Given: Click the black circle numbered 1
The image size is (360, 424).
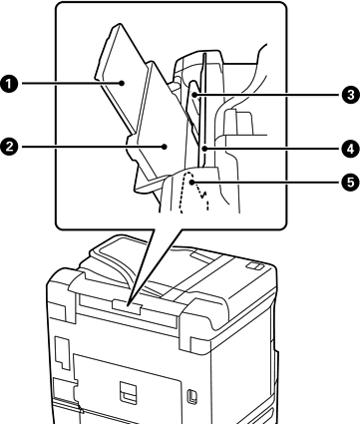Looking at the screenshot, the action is pos(9,83).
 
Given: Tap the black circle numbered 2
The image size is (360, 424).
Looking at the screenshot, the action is pos(9,147).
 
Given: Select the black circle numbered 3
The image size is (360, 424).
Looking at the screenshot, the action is pos(350,95).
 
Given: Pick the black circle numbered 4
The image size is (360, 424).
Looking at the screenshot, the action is pos(350,149).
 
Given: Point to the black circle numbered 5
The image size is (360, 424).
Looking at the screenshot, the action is pos(350,182).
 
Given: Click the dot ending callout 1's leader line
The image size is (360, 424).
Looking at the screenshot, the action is pos(123,83).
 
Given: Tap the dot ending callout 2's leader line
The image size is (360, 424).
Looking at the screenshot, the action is pos(165,147).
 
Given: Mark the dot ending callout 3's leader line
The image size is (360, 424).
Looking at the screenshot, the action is pos(194,96).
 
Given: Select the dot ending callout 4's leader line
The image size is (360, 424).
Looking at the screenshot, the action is pos(205,149).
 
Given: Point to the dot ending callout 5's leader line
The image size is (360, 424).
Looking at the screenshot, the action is pos(192,182).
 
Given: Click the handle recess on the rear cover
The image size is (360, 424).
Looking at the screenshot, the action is pos(128,393).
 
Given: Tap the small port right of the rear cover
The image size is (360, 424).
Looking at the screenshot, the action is pos(192,396).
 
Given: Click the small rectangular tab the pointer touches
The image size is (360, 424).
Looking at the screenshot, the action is pos(128,306).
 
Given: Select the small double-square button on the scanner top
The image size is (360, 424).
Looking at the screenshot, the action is pos(255,265).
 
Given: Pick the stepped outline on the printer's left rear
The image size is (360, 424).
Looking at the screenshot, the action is pos(62,353).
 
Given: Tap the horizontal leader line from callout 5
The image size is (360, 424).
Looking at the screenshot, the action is pos(267,182).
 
